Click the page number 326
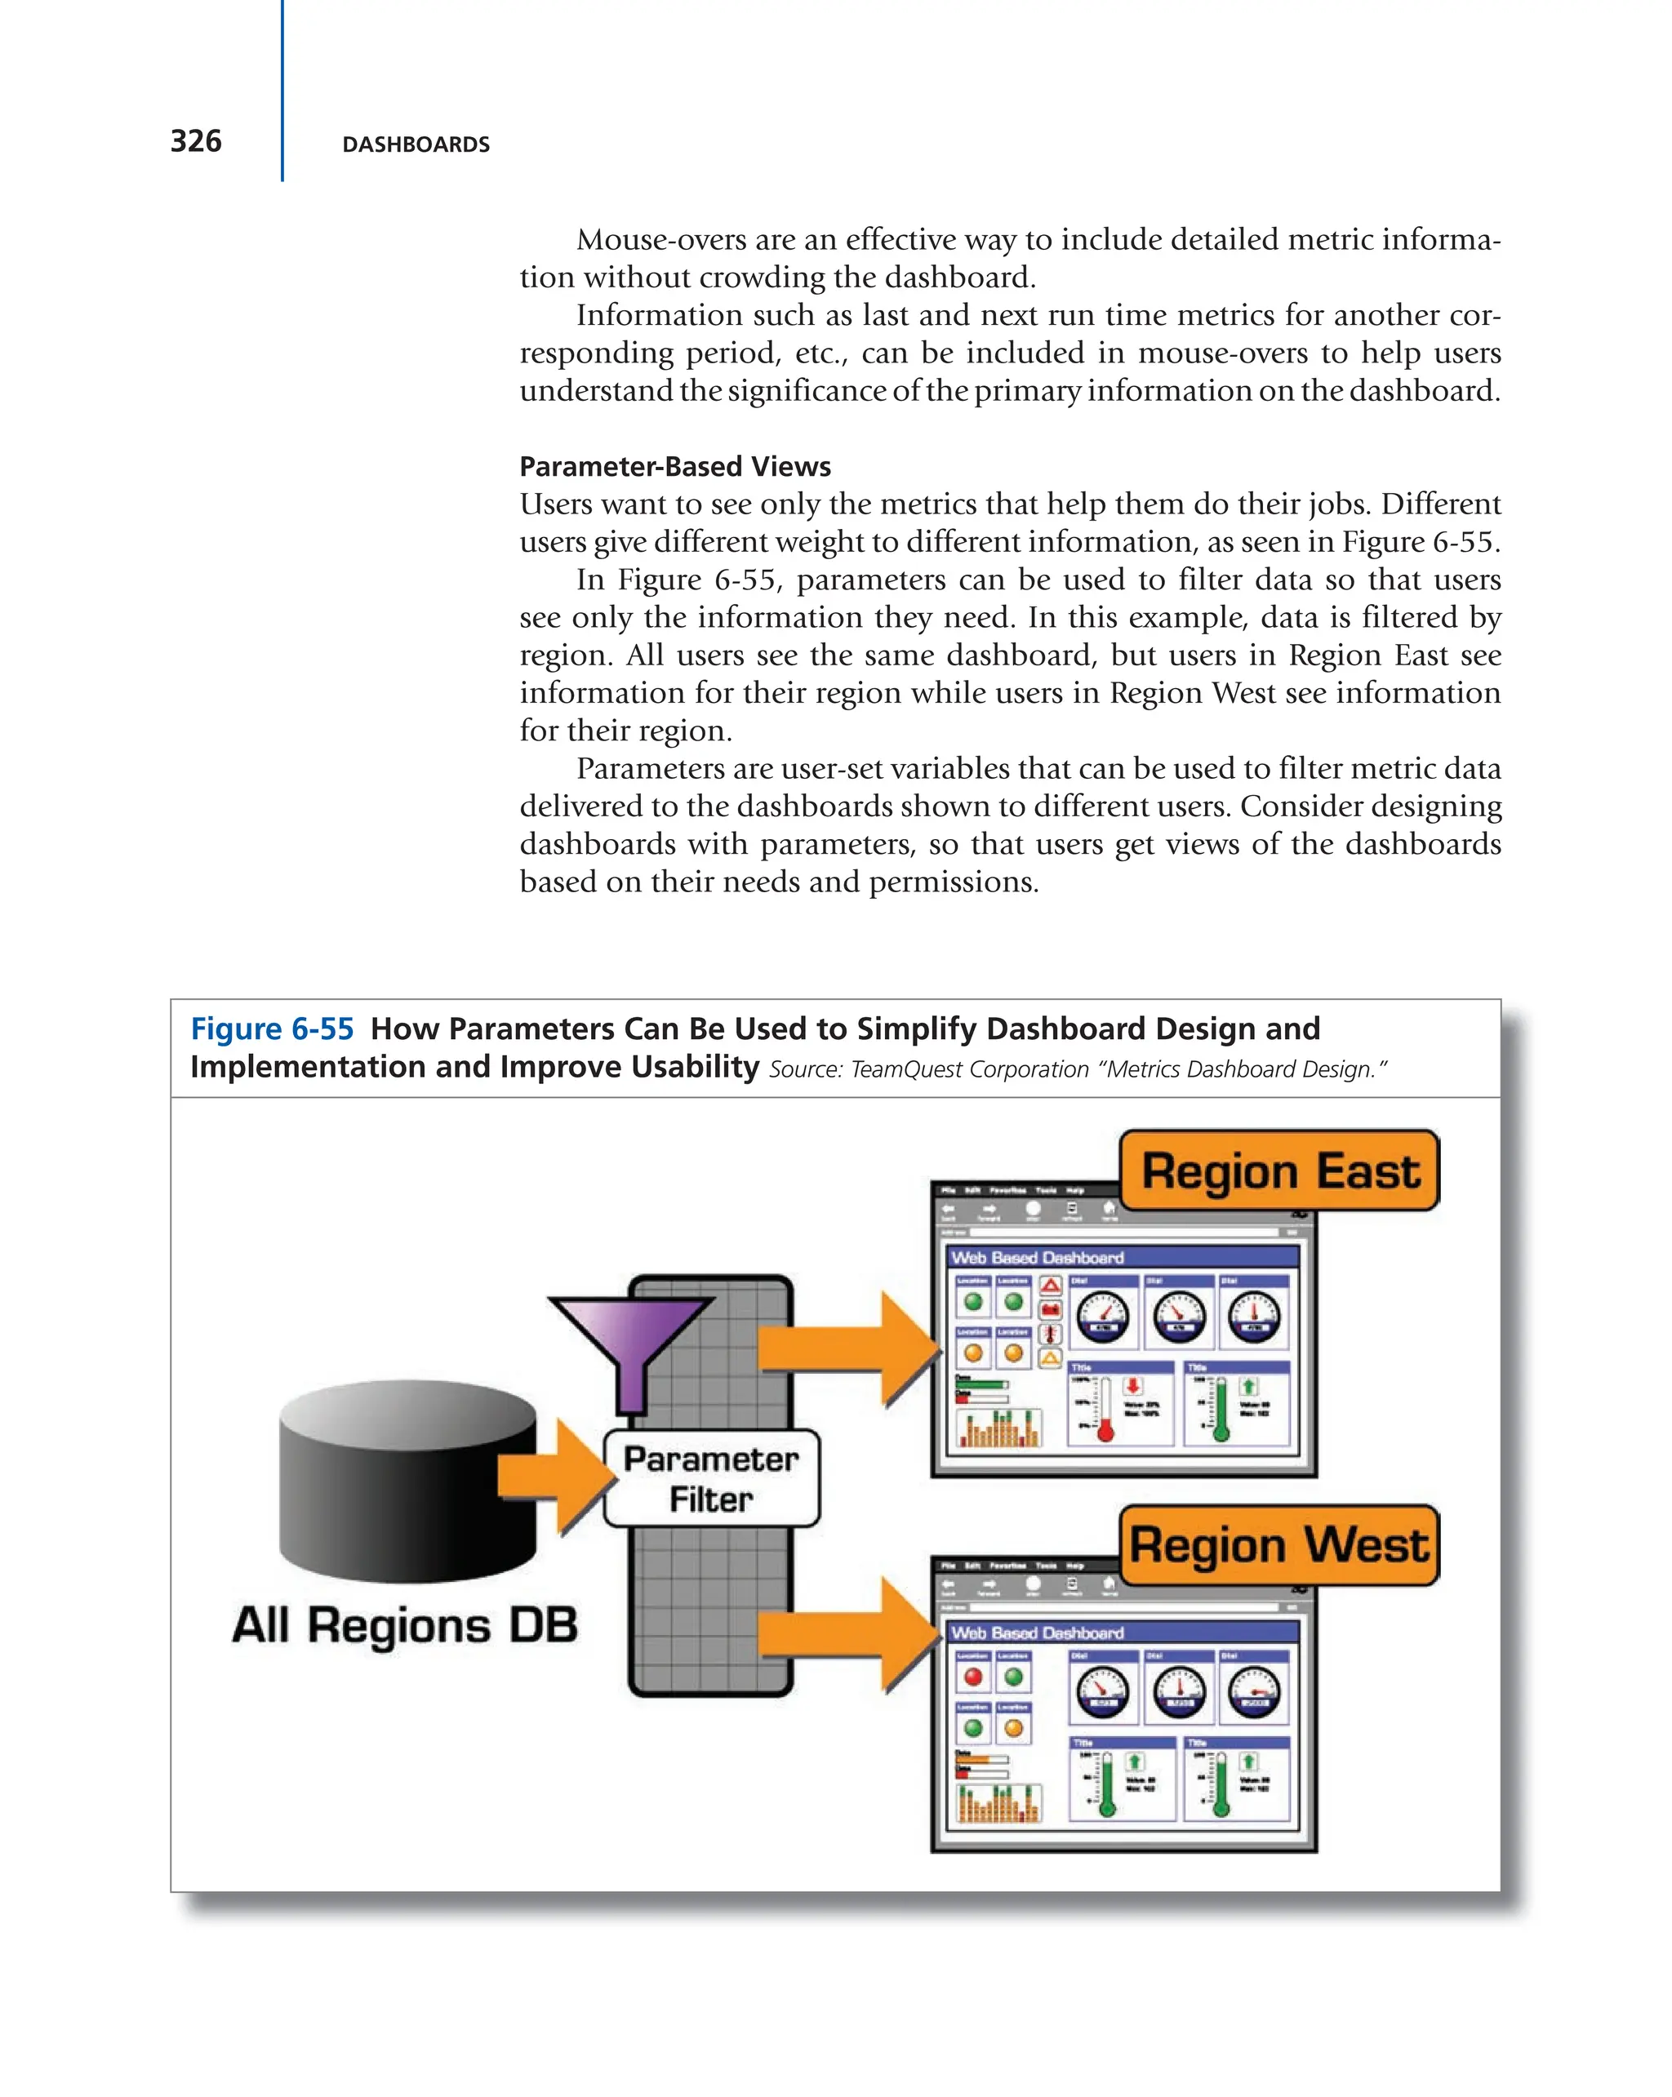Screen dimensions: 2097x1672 click(x=195, y=142)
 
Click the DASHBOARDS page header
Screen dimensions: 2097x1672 click(x=416, y=145)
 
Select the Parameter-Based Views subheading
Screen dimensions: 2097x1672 click(x=674, y=467)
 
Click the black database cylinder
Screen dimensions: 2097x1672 click(x=407, y=1478)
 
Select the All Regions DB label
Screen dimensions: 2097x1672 click(x=405, y=1625)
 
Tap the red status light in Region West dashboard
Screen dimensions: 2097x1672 click(x=972, y=1677)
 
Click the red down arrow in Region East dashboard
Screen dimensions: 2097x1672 click(x=1133, y=1385)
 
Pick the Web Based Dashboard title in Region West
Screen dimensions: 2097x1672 click(x=1037, y=1633)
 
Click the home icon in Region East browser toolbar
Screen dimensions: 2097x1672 click(x=1109, y=1208)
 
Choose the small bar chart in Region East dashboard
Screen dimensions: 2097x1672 click(x=999, y=1428)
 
